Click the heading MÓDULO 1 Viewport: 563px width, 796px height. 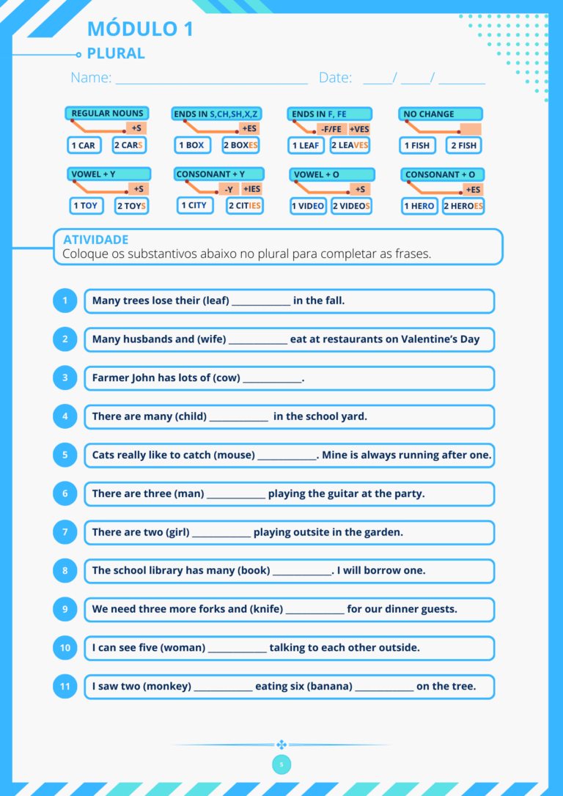pyautogui.click(x=140, y=29)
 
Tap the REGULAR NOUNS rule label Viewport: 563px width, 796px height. pyautogui.click(x=107, y=113)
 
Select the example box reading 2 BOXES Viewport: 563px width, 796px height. pyautogui.click(x=241, y=145)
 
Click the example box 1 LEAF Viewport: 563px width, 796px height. pyautogui.click(x=306, y=145)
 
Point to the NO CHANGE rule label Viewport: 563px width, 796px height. pyautogui.click(x=440, y=114)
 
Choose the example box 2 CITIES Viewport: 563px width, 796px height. pyautogui.click(x=245, y=206)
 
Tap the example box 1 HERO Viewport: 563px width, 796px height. pyautogui.click(x=419, y=206)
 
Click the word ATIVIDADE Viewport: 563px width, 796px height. pyautogui.click(x=95, y=240)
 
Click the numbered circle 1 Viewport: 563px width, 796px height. pyautogui.click(x=65, y=301)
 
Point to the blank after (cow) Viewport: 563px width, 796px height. pyautogui.click(x=272, y=382)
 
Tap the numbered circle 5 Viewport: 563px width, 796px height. pyautogui.click(x=65, y=455)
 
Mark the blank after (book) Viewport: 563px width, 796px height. pyautogui.click(x=302, y=575)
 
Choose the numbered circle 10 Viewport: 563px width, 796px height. pyautogui.click(x=65, y=648)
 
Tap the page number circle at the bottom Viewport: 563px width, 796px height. pyautogui.click(x=281, y=764)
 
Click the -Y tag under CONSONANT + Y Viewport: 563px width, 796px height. pyautogui.click(x=229, y=189)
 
